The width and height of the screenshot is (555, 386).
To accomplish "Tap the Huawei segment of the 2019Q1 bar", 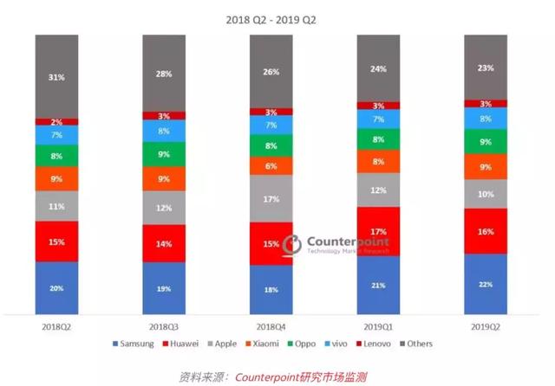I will (379, 231).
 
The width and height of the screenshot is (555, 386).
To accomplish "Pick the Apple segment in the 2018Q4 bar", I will (271, 199).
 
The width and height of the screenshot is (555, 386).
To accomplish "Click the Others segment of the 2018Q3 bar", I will (164, 73).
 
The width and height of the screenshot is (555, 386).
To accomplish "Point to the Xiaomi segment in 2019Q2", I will (486, 166).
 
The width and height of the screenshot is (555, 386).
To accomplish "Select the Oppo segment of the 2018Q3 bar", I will (164, 154).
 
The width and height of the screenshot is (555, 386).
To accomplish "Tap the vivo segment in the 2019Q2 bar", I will (486, 118).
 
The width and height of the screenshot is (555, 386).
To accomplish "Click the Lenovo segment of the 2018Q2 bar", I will (56, 122).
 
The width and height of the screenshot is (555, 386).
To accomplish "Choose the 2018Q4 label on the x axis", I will (271, 328).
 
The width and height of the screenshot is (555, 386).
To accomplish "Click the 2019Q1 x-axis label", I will (379, 328).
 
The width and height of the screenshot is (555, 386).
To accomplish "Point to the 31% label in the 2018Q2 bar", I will (56, 77).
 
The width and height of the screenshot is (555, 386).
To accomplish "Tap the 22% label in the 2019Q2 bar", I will (486, 285).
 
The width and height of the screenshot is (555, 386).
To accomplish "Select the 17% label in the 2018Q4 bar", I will (271, 199).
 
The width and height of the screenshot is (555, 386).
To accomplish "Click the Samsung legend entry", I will (134, 344).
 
